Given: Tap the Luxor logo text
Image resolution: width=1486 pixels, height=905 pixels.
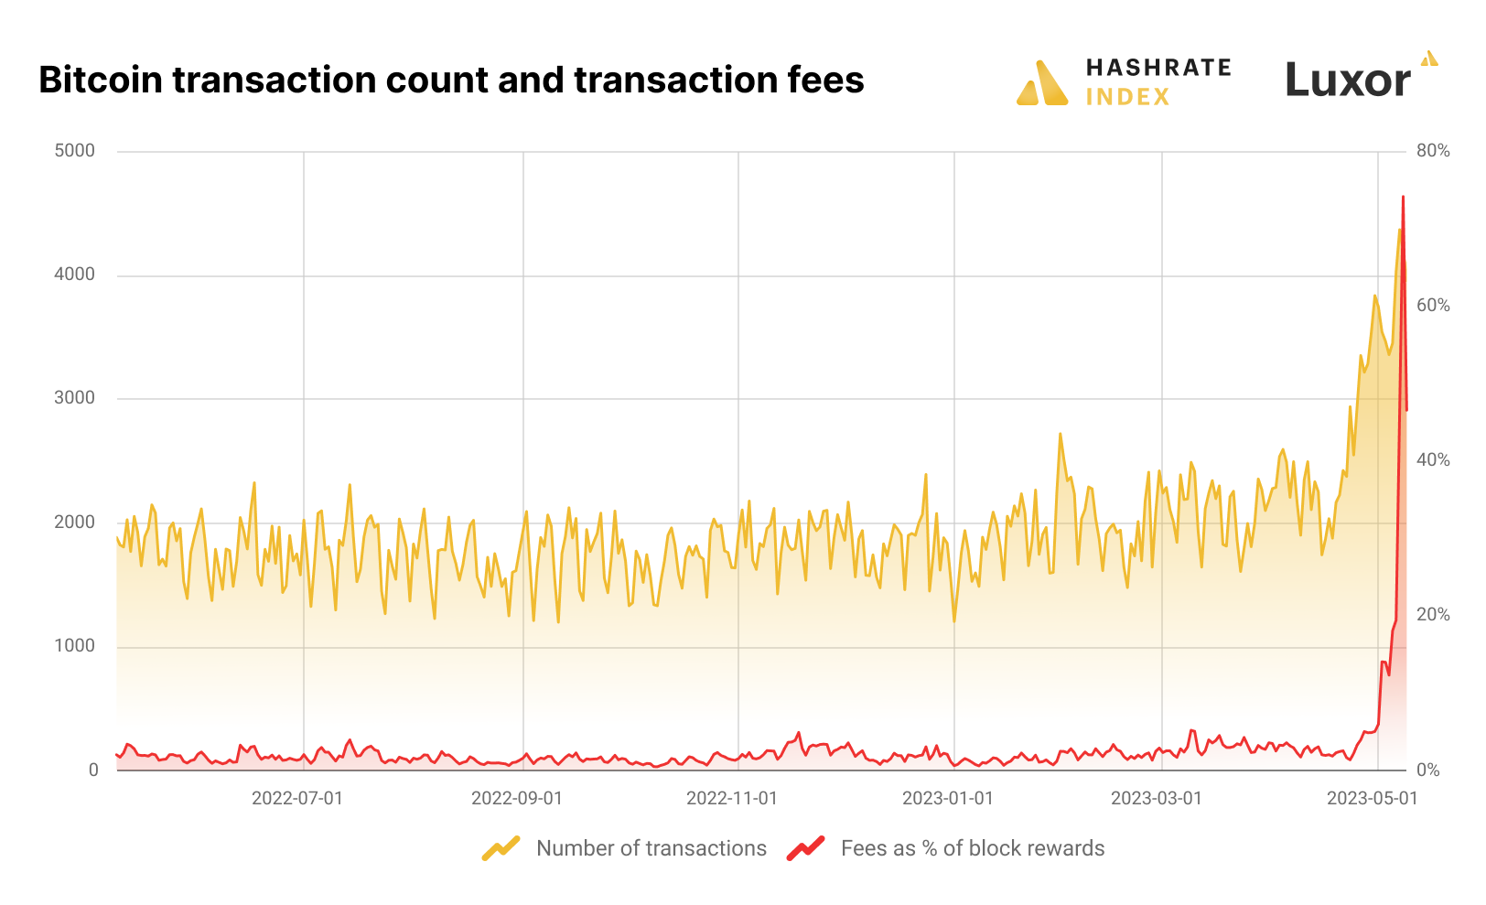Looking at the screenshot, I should pos(1347,81).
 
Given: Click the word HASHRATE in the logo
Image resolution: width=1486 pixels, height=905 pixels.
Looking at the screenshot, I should pos(1158,68).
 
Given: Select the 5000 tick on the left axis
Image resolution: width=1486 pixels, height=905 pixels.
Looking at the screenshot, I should pos(75,151).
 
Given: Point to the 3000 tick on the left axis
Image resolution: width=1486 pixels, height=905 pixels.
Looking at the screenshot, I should pos(75,398).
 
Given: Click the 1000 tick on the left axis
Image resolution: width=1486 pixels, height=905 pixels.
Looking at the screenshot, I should pos(75,646).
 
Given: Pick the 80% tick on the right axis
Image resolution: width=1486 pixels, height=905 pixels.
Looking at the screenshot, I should pos(1433,151).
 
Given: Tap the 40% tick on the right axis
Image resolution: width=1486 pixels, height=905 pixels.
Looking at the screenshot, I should pos(1433,460).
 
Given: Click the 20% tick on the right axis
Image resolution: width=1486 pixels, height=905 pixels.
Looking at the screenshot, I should pos(1433,615).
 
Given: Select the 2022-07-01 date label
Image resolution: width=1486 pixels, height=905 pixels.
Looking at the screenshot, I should pos(297,798).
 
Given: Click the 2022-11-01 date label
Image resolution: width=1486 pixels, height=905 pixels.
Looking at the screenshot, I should pos(732,798).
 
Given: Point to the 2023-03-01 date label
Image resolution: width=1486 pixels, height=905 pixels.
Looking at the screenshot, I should pos(1156,798).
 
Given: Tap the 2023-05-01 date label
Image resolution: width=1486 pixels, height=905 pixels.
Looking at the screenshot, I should pos(1372,798).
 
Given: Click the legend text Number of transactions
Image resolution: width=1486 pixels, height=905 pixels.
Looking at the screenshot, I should pos(651,848).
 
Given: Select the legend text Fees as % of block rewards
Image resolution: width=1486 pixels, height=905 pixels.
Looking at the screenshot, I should pos(972,848).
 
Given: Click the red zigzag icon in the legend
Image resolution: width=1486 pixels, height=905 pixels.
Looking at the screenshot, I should pos(805,848).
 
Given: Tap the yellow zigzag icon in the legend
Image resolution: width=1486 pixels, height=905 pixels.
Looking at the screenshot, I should pos(501,848).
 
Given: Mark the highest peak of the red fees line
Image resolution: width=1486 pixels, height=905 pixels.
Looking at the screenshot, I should pos(1403,198).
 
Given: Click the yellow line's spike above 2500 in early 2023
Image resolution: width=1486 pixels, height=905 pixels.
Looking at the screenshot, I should pos(1060,435).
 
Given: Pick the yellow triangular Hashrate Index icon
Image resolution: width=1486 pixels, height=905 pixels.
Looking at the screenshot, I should pos(1042,83).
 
